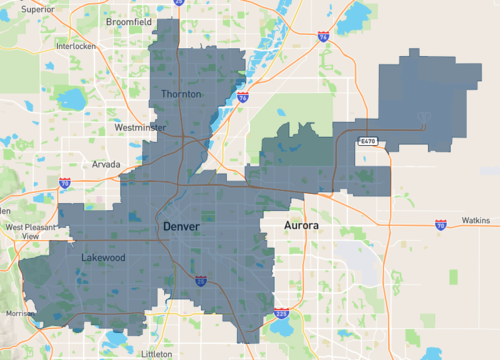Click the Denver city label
click(x=181, y=227)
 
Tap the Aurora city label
click(x=301, y=227)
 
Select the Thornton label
click(x=181, y=94)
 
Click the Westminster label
click(x=141, y=128)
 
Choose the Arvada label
click(x=105, y=163)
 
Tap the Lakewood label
click(x=103, y=257)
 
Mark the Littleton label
click(x=157, y=354)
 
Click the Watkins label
click(x=476, y=220)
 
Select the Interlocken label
click(x=75, y=46)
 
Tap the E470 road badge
click(x=369, y=142)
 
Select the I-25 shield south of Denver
click(x=201, y=282)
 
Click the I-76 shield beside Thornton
click(x=243, y=98)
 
